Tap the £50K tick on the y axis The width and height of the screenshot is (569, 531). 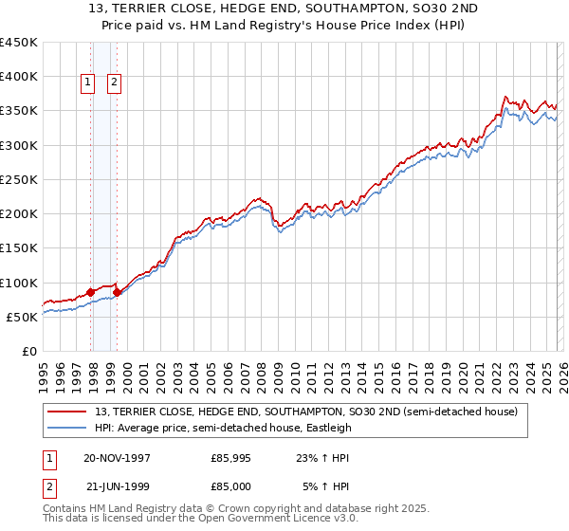coord(23,317)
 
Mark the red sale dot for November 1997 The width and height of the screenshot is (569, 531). coord(91,292)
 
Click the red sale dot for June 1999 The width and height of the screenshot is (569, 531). coord(118,293)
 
